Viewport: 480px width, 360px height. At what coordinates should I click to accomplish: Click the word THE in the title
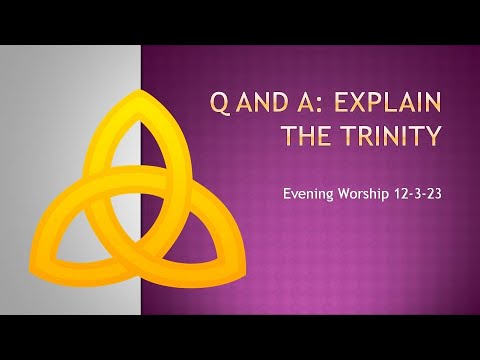pyautogui.click(x=311, y=135)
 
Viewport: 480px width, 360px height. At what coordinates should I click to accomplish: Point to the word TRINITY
pyautogui.click(x=389, y=135)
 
